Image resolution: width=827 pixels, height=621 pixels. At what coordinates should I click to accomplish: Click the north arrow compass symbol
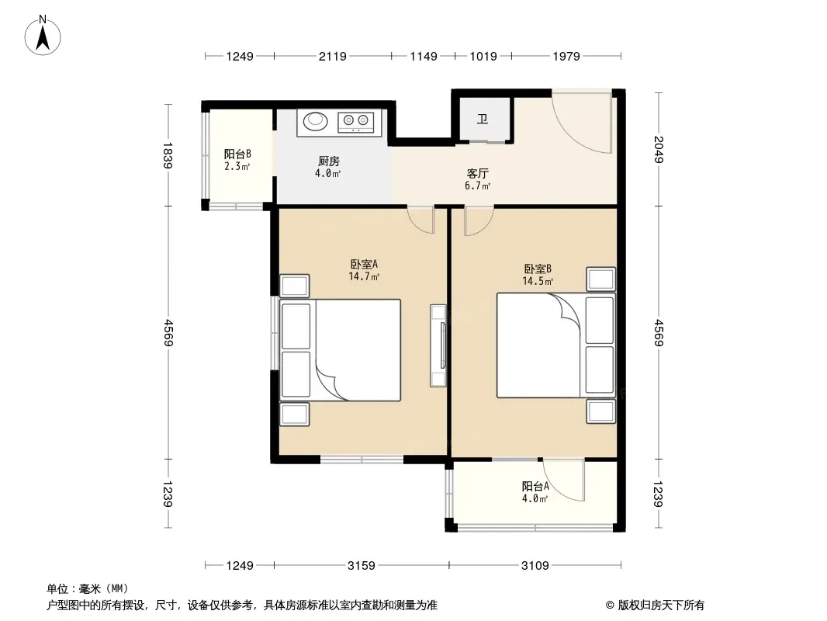click(x=43, y=35)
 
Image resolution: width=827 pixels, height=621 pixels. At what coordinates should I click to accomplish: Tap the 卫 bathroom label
click(x=483, y=120)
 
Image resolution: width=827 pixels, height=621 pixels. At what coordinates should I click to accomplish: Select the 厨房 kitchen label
click(x=329, y=161)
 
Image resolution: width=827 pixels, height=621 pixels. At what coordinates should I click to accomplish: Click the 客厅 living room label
click(x=477, y=173)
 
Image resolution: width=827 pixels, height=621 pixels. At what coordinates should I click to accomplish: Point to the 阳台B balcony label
click(x=237, y=154)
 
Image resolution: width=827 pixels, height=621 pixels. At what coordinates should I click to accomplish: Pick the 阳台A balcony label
click(x=535, y=486)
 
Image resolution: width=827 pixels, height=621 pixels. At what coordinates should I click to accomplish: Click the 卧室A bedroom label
click(x=364, y=264)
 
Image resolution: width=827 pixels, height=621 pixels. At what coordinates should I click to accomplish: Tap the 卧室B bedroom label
click(x=538, y=269)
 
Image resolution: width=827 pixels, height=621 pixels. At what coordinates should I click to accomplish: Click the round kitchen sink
click(x=316, y=121)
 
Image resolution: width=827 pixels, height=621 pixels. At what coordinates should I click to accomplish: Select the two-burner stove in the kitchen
click(x=355, y=122)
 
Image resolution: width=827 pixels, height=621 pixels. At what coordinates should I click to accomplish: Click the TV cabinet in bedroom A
click(x=438, y=345)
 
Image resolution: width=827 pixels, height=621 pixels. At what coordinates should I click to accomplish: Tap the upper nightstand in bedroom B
click(x=600, y=279)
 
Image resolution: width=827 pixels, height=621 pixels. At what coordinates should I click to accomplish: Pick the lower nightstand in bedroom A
click(x=294, y=415)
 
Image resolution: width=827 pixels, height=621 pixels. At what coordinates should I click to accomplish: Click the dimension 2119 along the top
click(x=332, y=56)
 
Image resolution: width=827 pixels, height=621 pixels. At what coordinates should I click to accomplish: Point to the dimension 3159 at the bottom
click(x=362, y=566)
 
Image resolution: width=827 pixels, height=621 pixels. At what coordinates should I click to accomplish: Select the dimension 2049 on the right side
click(x=658, y=149)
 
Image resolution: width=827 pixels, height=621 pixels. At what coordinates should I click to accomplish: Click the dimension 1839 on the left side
click(x=168, y=155)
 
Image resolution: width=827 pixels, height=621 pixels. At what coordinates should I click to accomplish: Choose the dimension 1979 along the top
click(x=566, y=56)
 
